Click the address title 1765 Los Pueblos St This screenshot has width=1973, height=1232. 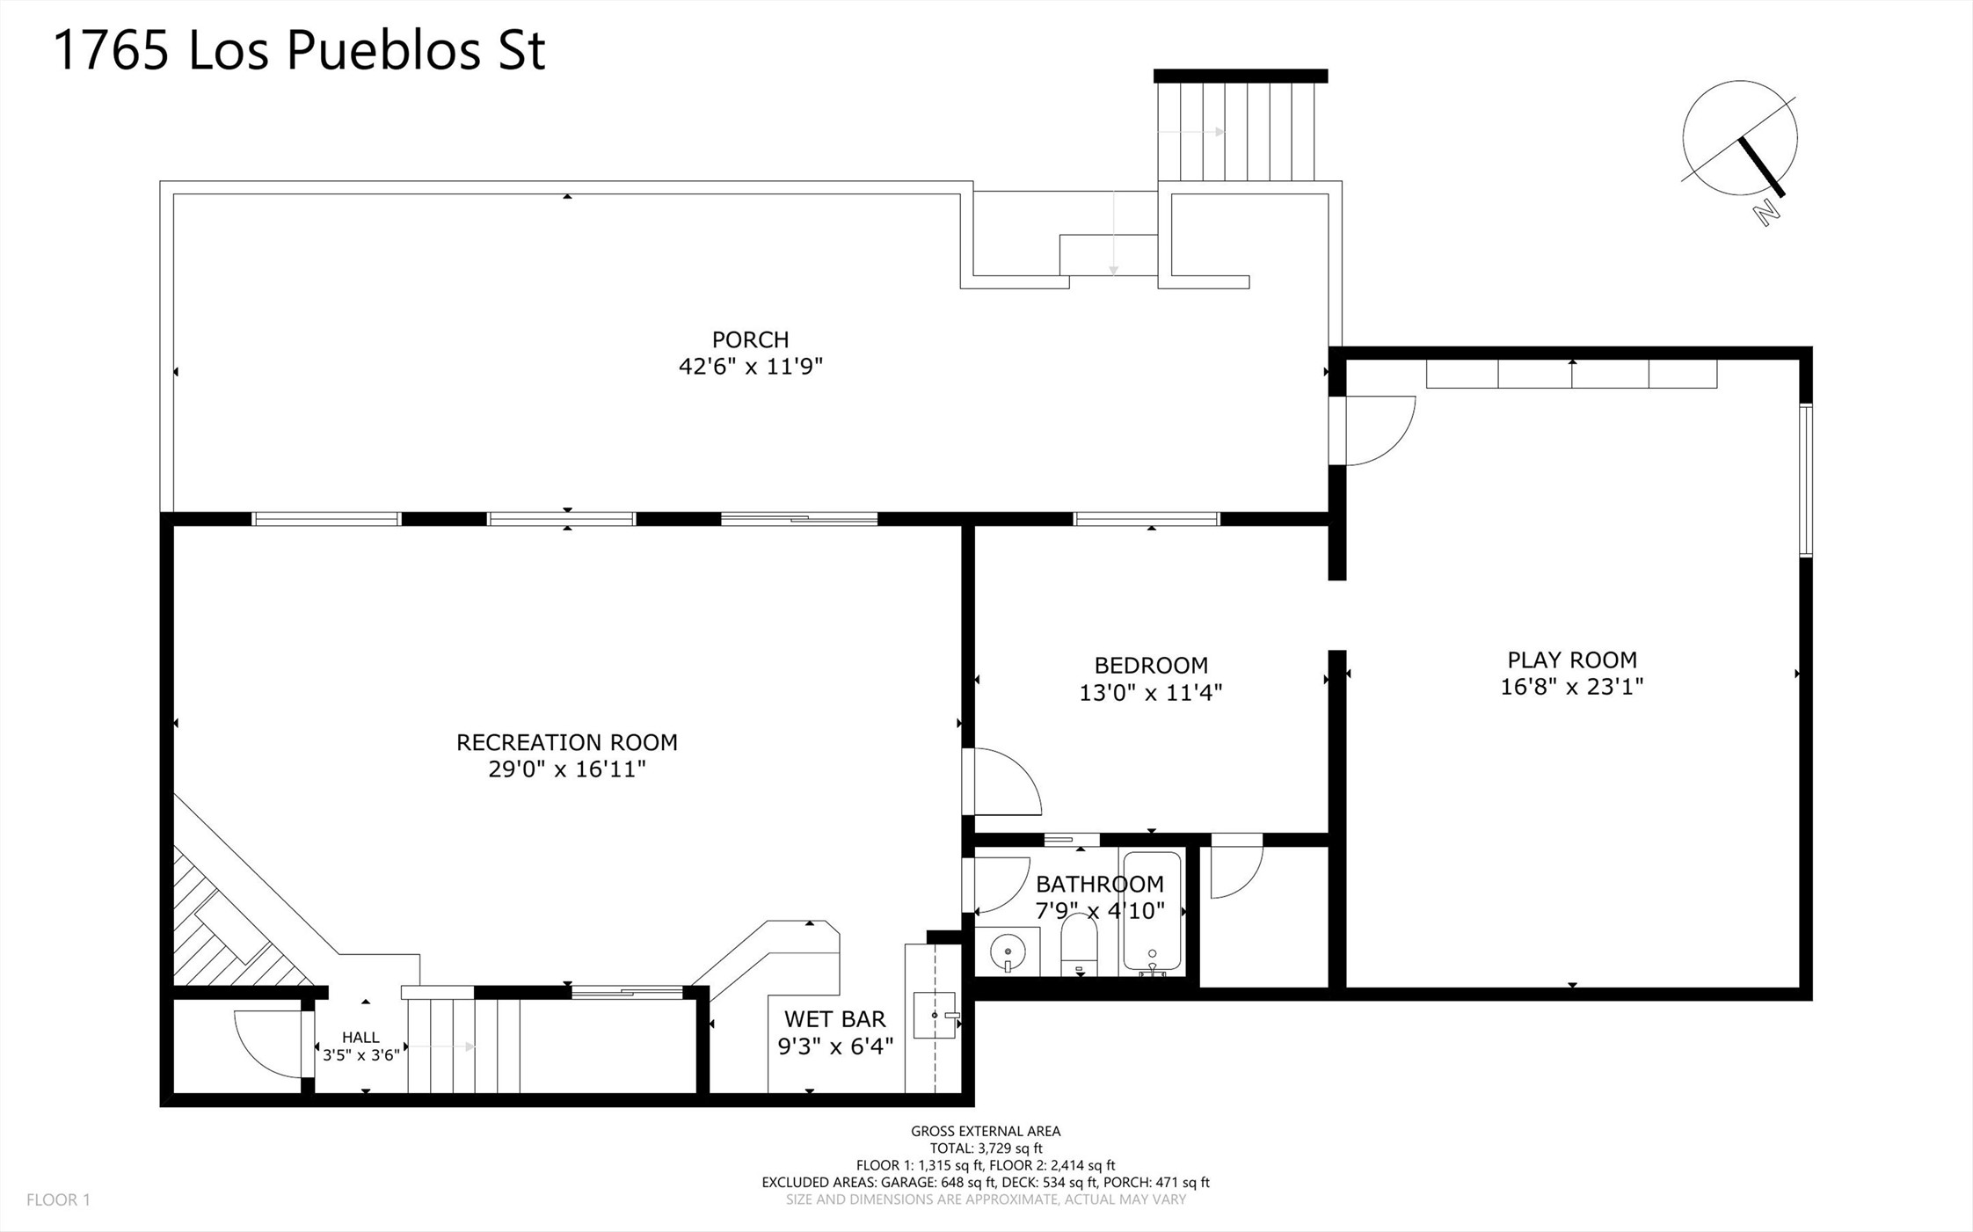pos(300,50)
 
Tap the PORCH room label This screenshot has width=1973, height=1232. pos(750,339)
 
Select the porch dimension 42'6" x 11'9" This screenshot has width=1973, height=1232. pos(750,366)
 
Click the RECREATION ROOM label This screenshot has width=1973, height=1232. pos(567,742)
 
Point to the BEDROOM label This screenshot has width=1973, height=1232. pos(1151,665)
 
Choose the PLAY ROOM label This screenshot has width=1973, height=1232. pos(1572,660)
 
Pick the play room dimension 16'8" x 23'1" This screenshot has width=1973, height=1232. pos(1572,686)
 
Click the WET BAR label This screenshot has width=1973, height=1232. pos(834,1019)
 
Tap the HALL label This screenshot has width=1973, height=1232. pos(360,1038)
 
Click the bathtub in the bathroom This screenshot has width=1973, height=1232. pos(1152,913)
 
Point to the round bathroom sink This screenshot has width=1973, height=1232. pos(1008,951)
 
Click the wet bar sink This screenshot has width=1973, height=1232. pos(935,1015)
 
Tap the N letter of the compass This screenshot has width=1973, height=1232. pos(1767,211)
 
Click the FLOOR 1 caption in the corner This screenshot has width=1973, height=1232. pos(58,1199)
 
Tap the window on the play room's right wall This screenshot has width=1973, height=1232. pos(1805,480)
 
